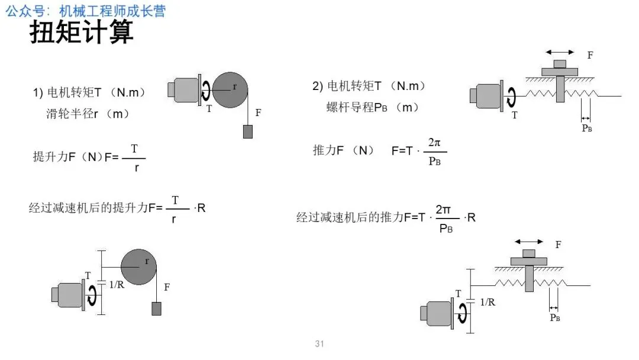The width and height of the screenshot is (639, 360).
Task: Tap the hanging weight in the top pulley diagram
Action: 248,131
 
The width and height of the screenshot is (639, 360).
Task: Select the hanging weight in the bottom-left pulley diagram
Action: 156,308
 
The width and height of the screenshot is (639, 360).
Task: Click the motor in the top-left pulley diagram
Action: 185,90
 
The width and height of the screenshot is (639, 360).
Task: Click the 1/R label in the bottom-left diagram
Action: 117,285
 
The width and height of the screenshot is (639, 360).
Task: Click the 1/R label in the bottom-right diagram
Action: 488,302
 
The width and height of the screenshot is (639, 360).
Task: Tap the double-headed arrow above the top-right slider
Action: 559,52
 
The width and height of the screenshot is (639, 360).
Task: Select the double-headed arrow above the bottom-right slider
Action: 528,241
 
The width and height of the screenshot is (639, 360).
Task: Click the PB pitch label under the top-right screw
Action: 587,128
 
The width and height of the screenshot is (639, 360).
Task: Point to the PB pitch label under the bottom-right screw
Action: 554,317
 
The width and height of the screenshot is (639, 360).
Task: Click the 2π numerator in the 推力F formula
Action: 434,143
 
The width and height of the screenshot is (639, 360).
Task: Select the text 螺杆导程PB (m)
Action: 372,107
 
